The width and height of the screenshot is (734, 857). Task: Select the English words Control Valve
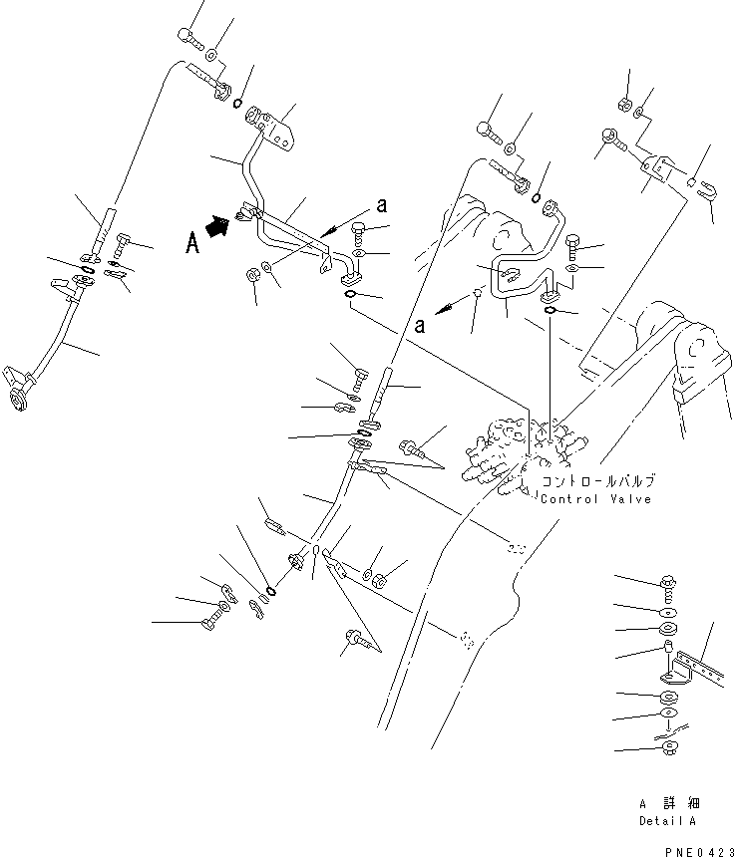click(x=595, y=498)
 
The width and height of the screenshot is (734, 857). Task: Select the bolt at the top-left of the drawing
click(x=190, y=36)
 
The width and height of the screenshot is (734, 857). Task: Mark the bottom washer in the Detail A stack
click(x=667, y=747)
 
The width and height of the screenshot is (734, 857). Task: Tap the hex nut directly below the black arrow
click(x=253, y=275)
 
